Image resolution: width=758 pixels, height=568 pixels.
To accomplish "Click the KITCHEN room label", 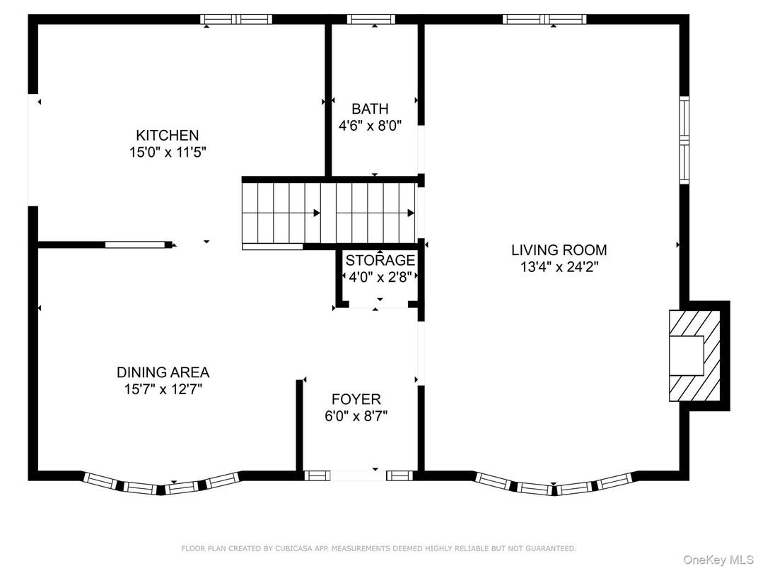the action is pos(168,135).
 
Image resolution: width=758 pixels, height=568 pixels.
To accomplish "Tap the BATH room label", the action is pos(370,109).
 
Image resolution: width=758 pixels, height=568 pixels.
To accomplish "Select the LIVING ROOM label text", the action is pos(559,249).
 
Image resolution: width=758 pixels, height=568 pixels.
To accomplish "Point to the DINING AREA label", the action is pos(163,372).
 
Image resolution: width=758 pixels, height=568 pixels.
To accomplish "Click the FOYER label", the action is pos(356,399).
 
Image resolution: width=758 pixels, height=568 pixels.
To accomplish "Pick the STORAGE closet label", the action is pos(380,260).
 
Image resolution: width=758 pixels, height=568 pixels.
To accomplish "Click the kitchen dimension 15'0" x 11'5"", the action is pos(168,152).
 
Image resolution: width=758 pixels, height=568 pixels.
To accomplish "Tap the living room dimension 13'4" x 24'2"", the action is pos(559,266).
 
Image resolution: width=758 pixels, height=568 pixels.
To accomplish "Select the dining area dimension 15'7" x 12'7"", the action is pos(163,389).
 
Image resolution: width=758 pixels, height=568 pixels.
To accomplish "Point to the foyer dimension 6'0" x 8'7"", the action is pos(356,415).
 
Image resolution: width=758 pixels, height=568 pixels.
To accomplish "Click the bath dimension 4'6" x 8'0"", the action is pos(370,126).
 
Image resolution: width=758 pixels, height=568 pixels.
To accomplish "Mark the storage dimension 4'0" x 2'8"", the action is pos(380,277).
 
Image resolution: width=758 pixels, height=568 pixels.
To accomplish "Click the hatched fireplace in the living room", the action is pos(694,355).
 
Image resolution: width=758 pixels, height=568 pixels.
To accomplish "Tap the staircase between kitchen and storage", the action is pos(329,213).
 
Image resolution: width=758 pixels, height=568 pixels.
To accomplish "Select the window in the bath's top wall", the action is pos(371,19).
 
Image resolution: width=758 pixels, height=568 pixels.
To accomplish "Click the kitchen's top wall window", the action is pos(236,19).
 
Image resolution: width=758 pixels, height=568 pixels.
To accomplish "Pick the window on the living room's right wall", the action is pos(684,140).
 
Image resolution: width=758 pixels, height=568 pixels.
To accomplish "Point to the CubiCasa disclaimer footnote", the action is pos(378,548).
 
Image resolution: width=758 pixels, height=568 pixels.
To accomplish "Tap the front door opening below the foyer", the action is pos(358,475).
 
